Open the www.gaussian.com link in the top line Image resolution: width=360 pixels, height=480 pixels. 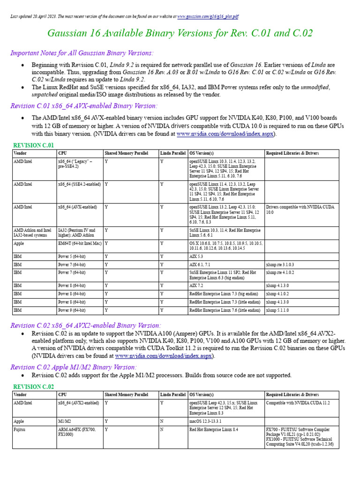pos(208,16)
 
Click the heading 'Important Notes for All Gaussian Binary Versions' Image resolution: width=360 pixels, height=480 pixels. pos(82,53)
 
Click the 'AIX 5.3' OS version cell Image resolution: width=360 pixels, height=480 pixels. pos(197,257)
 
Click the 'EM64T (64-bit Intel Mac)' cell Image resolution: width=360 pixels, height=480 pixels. pos(79,244)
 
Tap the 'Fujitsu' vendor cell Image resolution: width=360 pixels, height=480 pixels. pos(20,429)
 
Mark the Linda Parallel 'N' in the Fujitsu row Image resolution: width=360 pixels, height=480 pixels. pos(162,429)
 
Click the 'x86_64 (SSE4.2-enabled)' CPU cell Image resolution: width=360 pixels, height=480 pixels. pos(79,185)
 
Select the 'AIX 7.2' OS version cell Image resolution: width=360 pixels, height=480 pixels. pos(197,285)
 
